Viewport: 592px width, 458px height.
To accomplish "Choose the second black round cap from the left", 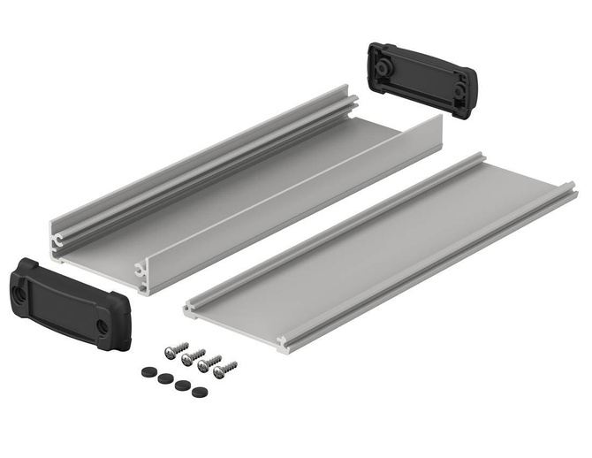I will click(166, 378).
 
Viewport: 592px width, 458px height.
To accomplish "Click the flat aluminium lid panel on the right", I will click(389, 248).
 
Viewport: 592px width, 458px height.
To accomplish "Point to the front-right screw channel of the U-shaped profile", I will click(141, 271).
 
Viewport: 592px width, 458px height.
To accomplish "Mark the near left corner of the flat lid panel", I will click(189, 309).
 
